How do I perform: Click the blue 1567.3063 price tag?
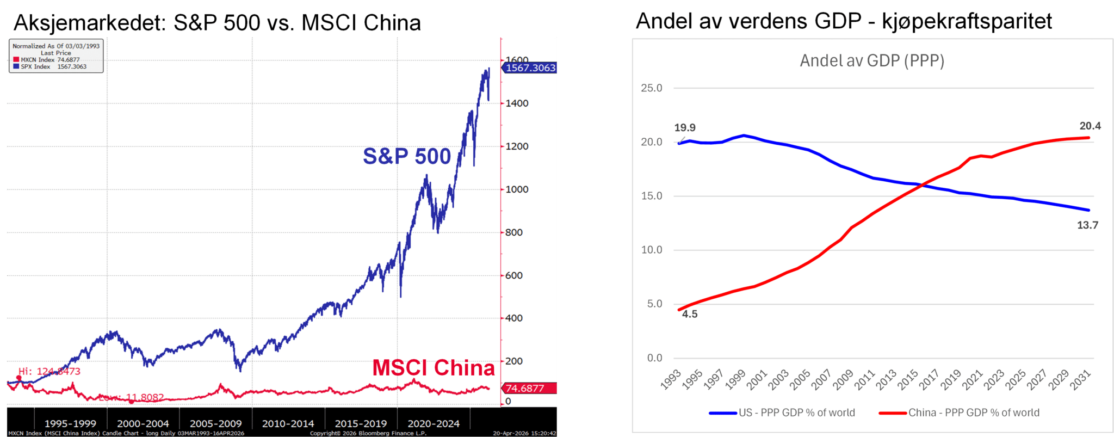[x=530, y=68]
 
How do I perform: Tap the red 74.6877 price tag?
[x=525, y=389]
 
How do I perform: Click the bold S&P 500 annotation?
[x=407, y=157]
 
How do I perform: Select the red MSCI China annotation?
[x=434, y=368]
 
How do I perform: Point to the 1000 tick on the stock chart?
[x=517, y=189]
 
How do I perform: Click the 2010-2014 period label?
[x=288, y=423]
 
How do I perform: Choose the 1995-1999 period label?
[x=70, y=423]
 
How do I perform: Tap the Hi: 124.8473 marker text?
[x=49, y=372]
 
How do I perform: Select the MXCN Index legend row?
[x=50, y=60]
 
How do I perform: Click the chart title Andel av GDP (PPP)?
[x=872, y=61]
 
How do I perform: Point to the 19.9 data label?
[x=685, y=128]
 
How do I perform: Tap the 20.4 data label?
[x=1090, y=126]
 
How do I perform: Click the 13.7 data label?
[x=1087, y=225]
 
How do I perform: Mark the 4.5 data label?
[x=690, y=314]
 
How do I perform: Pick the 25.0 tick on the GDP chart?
[x=652, y=88]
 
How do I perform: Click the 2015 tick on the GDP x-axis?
[x=907, y=380]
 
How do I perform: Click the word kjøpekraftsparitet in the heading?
[x=967, y=22]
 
